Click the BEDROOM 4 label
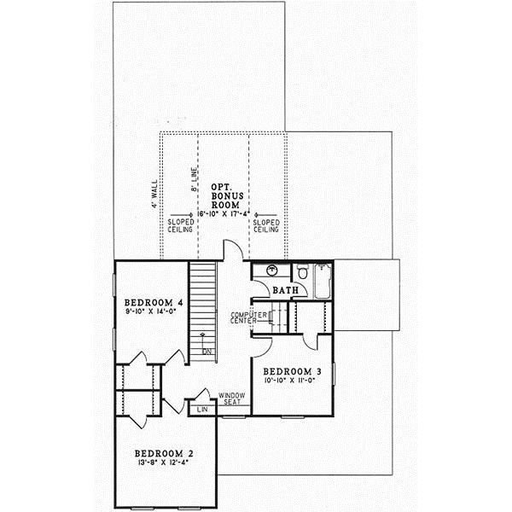pos(154,303)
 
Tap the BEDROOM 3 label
pos(292,371)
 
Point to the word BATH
pos(285,290)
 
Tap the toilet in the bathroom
pos(302,273)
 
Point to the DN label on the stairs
pos(207,351)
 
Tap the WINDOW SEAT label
pos(232,399)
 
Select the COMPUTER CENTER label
pos(245,319)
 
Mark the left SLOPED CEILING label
pos(181,224)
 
